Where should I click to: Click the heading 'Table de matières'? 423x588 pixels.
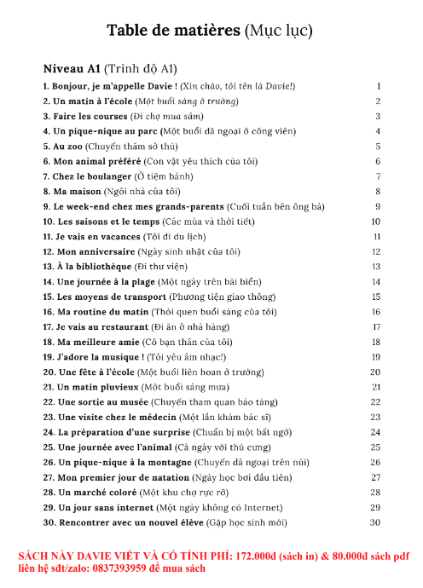[173, 32]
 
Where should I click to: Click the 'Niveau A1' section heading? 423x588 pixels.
[72, 68]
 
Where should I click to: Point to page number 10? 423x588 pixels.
[375, 222]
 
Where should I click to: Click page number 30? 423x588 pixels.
[375, 522]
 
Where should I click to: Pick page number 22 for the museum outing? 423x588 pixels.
[375, 401]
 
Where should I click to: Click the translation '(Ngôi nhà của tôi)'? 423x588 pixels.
[142, 191]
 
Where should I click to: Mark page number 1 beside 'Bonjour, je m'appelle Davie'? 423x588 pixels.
[377, 86]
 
